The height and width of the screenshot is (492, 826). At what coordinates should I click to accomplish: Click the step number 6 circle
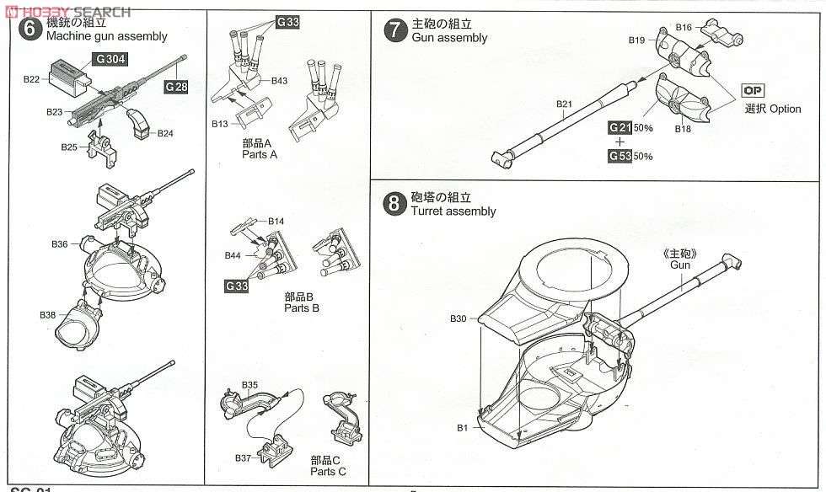click(29, 29)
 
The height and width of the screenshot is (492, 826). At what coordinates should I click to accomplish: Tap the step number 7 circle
click(395, 30)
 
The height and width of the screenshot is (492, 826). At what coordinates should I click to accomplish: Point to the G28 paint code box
click(175, 87)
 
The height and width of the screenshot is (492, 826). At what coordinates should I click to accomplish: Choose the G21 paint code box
click(619, 126)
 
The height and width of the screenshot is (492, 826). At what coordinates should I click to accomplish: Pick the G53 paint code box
click(619, 156)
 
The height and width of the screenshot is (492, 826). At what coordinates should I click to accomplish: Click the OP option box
click(752, 91)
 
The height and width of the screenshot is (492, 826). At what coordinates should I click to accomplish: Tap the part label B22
click(31, 79)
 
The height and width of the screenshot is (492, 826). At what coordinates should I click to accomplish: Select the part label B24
click(165, 133)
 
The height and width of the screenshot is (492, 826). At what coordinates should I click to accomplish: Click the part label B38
click(47, 314)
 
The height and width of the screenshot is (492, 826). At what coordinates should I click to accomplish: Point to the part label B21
click(564, 104)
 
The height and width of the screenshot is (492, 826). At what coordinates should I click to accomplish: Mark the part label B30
click(458, 318)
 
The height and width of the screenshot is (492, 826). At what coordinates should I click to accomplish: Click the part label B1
click(462, 428)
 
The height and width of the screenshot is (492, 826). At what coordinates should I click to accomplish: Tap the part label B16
click(684, 27)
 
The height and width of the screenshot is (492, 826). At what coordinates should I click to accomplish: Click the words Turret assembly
click(453, 211)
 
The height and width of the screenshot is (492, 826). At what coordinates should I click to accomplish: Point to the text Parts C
click(330, 471)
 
